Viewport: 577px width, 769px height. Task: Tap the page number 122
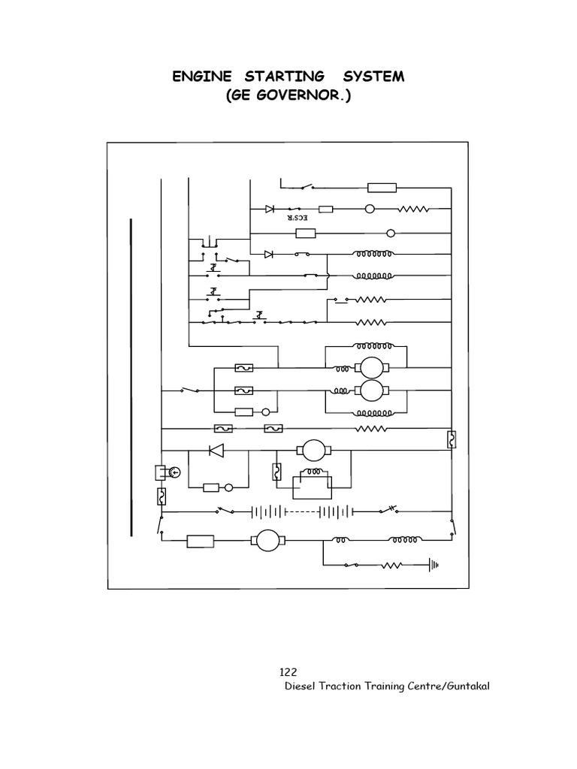(x=288, y=673)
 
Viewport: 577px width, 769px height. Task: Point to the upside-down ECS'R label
(x=298, y=219)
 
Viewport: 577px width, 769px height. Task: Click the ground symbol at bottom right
(x=433, y=565)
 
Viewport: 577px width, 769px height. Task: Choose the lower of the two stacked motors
(x=369, y=391)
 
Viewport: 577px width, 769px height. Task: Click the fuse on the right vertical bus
(x=452, y=439)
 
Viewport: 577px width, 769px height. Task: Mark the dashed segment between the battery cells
(x=298, y=511)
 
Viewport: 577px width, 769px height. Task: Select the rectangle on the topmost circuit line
(x=382, y=188)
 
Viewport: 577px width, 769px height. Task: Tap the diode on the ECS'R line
(x=269, y=210)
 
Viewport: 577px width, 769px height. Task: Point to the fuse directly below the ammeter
(x=161, y=496)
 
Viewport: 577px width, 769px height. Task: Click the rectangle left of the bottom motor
(x=200, y=540)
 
